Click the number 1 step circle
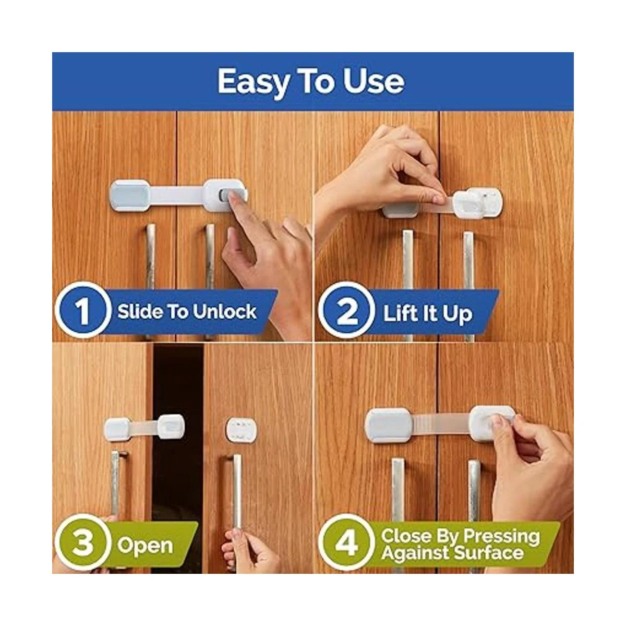(83, 310)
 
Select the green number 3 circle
(83, 544)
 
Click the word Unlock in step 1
(225, 311)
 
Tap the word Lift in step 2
(396, 314)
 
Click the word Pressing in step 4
(502, 536)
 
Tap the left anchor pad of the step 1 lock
(130, 196)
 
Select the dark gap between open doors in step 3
(177, 455)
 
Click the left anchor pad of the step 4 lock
(389, 425)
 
